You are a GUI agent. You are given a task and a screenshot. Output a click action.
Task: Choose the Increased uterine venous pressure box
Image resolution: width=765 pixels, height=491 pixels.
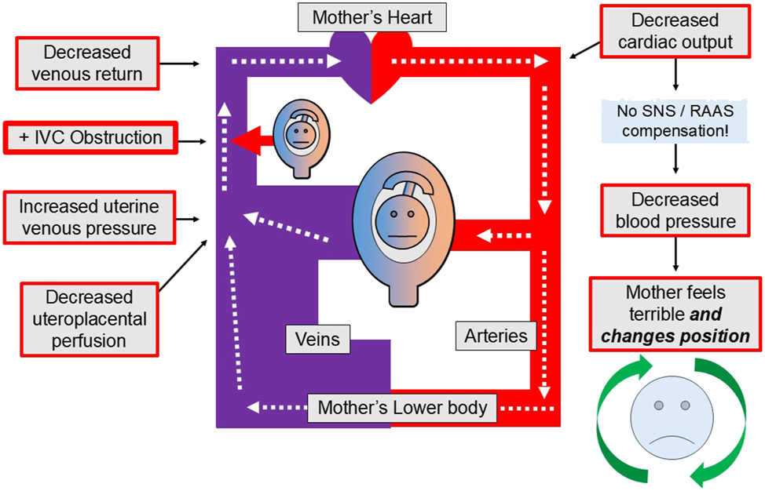(89, 218)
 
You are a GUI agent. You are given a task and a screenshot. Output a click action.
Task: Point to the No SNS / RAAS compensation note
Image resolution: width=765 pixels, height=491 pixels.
(675, 120)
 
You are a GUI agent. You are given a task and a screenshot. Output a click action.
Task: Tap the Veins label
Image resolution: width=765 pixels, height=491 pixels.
(317, 339)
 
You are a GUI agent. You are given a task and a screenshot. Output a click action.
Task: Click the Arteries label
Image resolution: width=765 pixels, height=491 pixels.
(496, 336)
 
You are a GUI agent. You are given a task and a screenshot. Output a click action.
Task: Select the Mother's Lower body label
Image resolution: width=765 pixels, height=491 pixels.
(403, 408)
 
